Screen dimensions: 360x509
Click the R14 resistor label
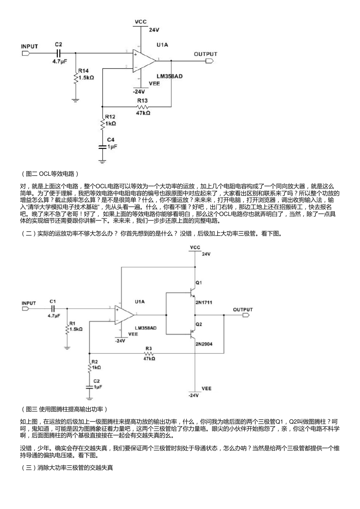(x=83, y=70)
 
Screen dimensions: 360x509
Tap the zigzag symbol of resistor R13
(x=143, y=107)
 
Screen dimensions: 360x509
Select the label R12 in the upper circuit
(x=110, y=117)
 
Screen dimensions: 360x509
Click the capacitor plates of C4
(x=102, y=147)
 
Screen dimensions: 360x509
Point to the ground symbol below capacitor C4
(x=102, y=162)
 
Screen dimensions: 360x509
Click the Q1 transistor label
(x=199, y=283)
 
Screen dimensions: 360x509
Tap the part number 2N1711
(x=204, y=303)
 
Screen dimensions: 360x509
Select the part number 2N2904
(x=204, y=344)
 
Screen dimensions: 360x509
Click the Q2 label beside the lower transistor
(x=199, y=324)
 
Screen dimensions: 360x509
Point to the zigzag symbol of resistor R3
(x=149, y=353)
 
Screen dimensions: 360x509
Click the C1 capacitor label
(x=53, y=301)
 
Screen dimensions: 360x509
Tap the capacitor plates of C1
(x=53, y=308)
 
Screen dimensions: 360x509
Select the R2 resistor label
(x=95, y=362)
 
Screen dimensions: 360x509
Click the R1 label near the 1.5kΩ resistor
(x=72, y=323)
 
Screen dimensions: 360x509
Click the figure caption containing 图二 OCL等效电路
(x=50, y=174)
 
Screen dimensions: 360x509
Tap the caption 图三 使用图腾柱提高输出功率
(x=64, y=409)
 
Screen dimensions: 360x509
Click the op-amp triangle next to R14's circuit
(x=144, y=61)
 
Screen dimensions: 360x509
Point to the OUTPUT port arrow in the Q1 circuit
(x=246, y=315)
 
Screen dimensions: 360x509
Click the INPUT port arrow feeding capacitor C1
(x=25, y=308)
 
